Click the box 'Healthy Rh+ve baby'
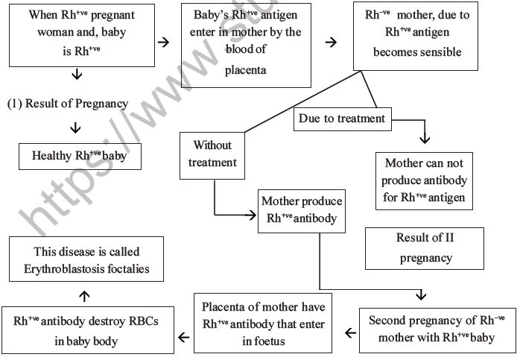(80, 157)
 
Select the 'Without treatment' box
(214, 154)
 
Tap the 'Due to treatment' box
(342, 119)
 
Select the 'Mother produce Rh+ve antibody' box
(301, 210)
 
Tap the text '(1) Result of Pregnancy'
(67, 104)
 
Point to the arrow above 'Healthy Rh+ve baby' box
(75, 127)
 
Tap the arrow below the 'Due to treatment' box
(425, 139)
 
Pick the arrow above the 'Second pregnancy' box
(422, 295)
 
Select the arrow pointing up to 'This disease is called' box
(84, 296)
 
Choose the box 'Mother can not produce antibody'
(425, 180)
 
